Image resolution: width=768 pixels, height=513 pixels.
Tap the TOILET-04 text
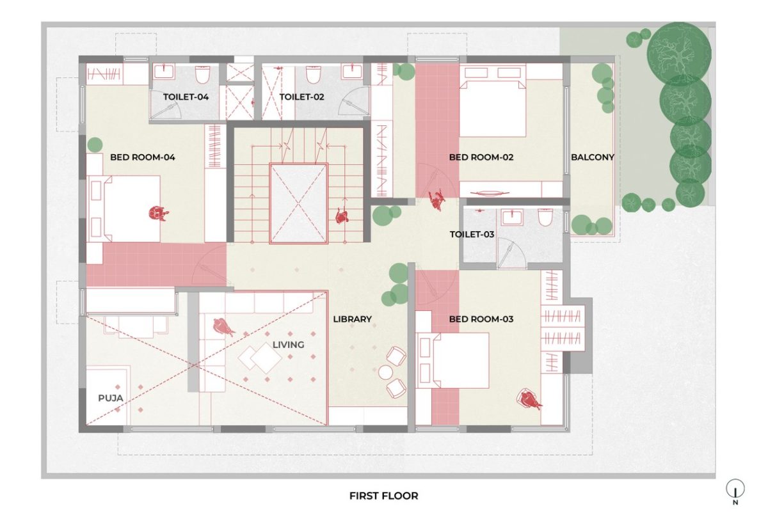[186, 97]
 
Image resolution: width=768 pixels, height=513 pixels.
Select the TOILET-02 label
[302, 97]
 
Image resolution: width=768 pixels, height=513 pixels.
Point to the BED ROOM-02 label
[481, 157]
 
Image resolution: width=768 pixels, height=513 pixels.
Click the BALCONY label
[592, 157]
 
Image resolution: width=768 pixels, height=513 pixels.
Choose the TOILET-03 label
[472, 234]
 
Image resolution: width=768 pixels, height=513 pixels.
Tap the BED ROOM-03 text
[481, 319]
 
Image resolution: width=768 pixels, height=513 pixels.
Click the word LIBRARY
[352, 319]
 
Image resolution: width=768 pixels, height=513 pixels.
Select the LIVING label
[288, 345]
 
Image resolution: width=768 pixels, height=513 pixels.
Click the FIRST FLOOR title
[384, 495]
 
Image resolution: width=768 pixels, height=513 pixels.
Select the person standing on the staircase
[342, 217]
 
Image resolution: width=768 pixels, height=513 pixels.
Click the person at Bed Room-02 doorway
[438, 201]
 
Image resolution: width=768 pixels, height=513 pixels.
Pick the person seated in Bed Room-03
[529, 400]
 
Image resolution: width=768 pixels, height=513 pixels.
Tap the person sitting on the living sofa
[223, 327]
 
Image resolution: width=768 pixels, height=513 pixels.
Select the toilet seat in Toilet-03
[545, 218]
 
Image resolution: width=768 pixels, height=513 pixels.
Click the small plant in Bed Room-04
[95, 144]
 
